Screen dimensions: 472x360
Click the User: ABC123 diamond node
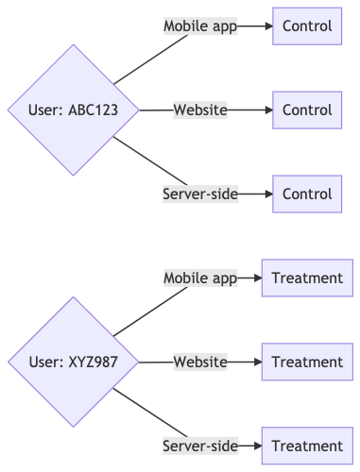pyautogui.click(x=73, y=110)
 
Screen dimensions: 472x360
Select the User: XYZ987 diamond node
pyautogui.click(x=73, y=362)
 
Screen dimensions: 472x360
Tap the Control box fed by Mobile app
pyautogui.click(x=307, y=26)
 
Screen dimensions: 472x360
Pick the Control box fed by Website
pyautogui.click(x=307, y=110)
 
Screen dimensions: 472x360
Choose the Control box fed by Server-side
pyautogui.click(x=307, y=194)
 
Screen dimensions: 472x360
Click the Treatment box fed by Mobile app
pyautogui.click(x=307, y=278)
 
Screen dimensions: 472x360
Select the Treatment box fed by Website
pyautogui.click(x=307, y=362)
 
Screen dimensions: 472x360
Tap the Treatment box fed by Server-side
pyautogui.click(x=307, y=446)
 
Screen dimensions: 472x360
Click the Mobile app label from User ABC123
pyautogui.click(x=200, y=26)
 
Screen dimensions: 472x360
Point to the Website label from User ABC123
pyautogui.click(x=200, y=110)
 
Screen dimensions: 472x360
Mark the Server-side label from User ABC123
pyautogui.click(x=200, y=194)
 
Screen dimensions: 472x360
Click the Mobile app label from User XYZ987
pyautogui.click(x=199, y=278)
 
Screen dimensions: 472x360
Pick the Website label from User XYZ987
pyautogui.click(x=200, y=362)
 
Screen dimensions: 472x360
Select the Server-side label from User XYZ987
pyautogui.click(x=199, y=446)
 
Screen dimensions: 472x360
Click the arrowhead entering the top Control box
pyautogui.click(x=267, y=26)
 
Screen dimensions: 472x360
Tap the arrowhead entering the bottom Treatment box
pyautogui.click(x=257, y=446)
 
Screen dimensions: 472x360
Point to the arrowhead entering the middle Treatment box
pyautogui.click(x=257, y=362)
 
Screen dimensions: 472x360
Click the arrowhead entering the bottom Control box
pyautogui.click(x=267, y=194)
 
